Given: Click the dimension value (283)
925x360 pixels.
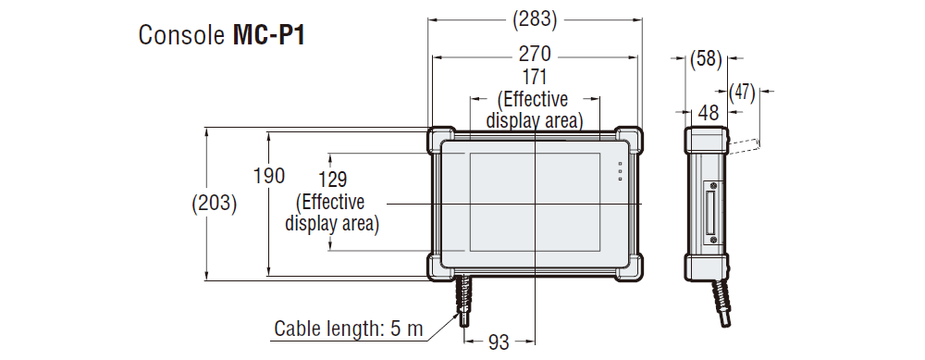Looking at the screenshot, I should point(534,17).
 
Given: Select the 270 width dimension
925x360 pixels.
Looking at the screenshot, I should point(534,53).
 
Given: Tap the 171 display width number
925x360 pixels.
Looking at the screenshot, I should point(535,77).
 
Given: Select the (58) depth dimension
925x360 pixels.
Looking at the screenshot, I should point(706,60).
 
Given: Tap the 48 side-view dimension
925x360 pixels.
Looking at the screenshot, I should point(708,111).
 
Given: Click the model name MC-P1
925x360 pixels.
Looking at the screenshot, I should point(268,36).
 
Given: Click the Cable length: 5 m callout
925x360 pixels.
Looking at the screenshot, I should point(348,329).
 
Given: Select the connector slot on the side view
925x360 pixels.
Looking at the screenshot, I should point(714,212).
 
